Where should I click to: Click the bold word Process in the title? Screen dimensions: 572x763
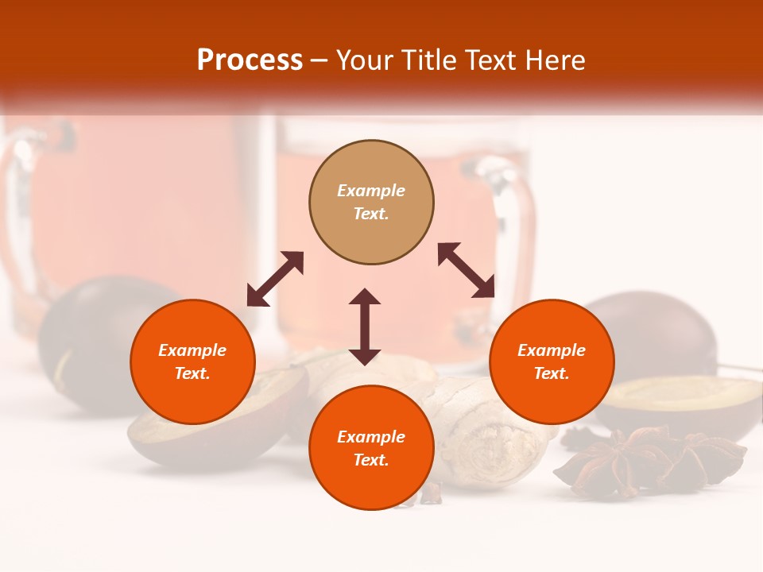(x=250, y=60)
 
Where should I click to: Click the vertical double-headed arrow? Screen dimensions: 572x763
(x=365, y=327)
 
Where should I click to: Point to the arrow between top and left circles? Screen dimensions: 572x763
(x=275, y=279)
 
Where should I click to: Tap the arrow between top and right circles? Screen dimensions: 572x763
(x=467, y=270)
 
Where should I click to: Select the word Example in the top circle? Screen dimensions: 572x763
(x=371, y=191)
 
